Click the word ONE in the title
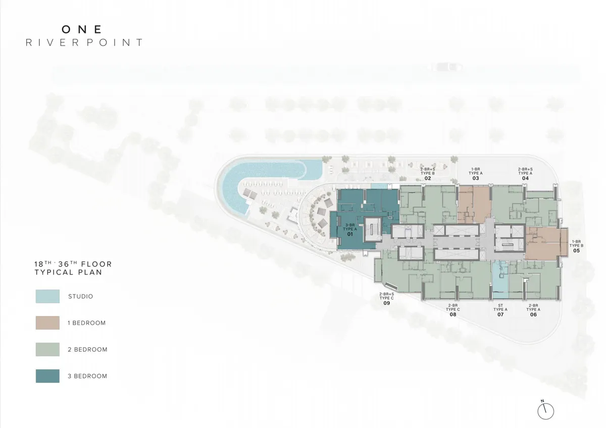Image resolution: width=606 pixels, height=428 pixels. click(x=82, y=29)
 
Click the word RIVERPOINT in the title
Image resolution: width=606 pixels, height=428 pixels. click(x=84, y=42)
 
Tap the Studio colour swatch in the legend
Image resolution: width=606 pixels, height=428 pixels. click(x=47, y=296)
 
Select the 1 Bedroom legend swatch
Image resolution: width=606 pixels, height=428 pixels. click(x=47, y=323)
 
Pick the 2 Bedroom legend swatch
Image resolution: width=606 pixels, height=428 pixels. click(x=47, y=349)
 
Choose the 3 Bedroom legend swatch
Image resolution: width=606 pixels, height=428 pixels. click(x=47, y=376)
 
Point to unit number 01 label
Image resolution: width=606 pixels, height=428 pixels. click(x=350, y=234)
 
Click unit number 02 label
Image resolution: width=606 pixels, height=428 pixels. click(x=428, y=178)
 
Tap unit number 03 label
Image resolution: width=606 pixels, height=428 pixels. click(x=476, y=178)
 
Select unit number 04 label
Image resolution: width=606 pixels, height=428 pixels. click(x=525, y=178)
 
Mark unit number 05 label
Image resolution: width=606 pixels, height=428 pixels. click(x=577, y=251)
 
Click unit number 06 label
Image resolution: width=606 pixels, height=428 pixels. click(x=533, y=314)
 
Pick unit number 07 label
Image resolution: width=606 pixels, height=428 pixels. click(x=500, y=314)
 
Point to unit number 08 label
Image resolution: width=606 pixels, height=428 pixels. click(x=453, y=314)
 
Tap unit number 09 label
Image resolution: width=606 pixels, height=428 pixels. click(x=387, y=303)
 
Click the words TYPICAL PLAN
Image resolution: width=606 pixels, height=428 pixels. click(x=68, y=272)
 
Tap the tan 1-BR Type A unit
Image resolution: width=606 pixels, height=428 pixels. click(x=474, y=205)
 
